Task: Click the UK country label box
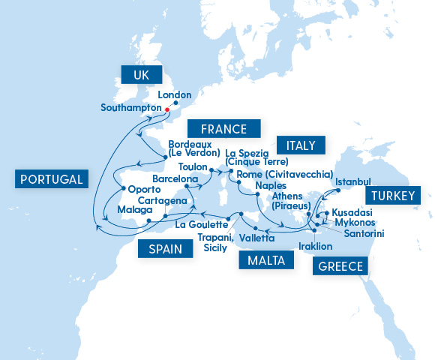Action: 141,75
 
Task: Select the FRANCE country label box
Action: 223,129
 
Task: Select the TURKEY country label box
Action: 390,196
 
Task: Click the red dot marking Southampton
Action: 167,108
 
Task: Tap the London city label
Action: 175,95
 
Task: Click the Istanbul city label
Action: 353,181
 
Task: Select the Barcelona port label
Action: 175,180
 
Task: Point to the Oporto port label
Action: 144,190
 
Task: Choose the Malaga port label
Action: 135,211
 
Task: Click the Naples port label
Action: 271,185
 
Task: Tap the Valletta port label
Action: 256,238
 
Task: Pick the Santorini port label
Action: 364,234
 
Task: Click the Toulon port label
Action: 193,166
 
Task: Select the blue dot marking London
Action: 175,104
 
